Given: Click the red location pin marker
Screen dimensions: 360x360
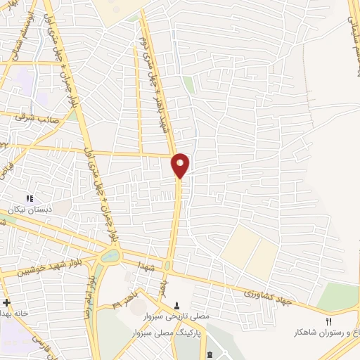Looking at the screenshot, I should (180, 165).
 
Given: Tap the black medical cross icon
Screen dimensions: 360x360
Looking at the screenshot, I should (6, 302).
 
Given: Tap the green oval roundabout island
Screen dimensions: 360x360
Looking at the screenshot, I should (110, 257).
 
